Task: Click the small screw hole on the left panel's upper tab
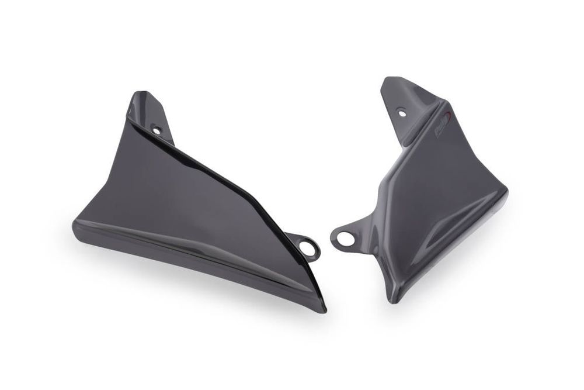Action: (156, 130)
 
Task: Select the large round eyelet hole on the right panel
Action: (344, 239)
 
